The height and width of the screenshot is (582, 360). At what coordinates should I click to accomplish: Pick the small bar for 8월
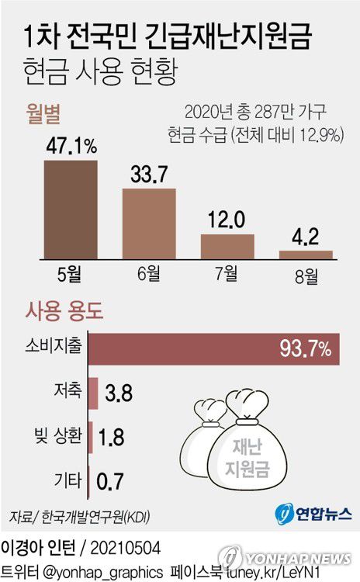click(x=306, y=254)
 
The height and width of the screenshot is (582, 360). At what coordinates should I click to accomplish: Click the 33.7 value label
click(x=149, y=174)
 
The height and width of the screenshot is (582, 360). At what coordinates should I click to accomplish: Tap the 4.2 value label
click(x=306, y=234)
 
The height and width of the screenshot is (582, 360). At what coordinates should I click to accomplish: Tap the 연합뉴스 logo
click(x=313, y=513)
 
